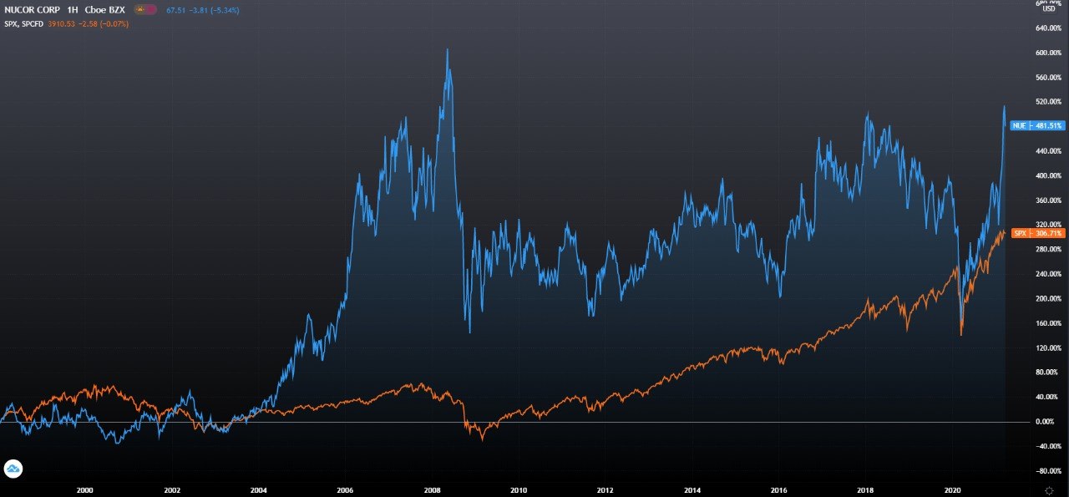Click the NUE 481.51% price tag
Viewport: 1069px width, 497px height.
[1036, 125]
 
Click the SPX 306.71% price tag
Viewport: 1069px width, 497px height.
[1036, 233]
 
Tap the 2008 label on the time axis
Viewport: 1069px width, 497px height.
[432, 490]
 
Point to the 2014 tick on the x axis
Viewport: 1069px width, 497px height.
[692, 490]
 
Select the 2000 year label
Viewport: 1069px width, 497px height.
[84, 490]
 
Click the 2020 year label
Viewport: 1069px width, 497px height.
[952, 490]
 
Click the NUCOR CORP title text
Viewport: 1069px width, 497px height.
[31, 9]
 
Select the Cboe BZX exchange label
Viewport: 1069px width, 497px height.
[104, 9]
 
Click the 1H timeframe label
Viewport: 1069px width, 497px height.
[73, 9]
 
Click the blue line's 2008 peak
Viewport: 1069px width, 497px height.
[448, 50]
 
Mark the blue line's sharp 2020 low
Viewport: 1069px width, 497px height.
[961, 334]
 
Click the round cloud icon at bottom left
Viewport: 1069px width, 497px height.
[13, 469]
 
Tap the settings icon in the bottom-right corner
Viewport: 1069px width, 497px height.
[1049, 490]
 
